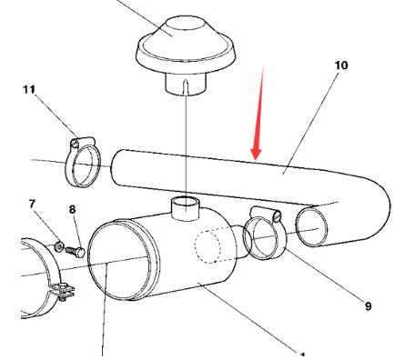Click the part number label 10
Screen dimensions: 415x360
[x=341, y=65]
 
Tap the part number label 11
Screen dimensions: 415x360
[x=29, y=89]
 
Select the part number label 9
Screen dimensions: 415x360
[x=368, y=306]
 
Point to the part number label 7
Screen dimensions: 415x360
[x=33, y=204]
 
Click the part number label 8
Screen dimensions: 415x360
[x=72, y=209]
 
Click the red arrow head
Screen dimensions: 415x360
[x=256, y=154]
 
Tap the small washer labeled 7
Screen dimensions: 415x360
[x=59, y=246]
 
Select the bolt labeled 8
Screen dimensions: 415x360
[x=76, y=252]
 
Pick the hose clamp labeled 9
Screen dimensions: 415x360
[x=265, y=234]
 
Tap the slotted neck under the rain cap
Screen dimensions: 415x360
[x=186, y=84]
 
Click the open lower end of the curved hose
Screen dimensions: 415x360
[x=311, y=226]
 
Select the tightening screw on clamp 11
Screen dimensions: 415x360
[x=75, y=143]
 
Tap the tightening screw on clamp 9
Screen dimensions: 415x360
[x=277, y=216]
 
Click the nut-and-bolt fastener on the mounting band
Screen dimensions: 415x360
[x=62, y=292]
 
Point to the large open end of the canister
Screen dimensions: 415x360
[x=119, y=261]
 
